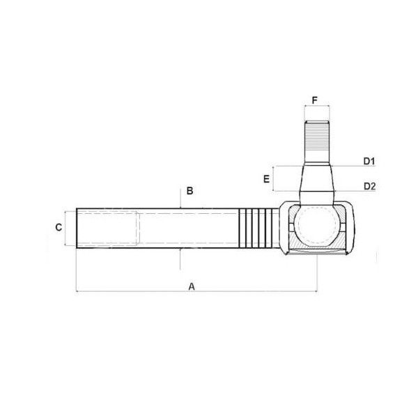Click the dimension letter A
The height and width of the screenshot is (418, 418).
(x=192, y=286)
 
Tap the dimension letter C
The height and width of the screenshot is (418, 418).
(x=59, y=227)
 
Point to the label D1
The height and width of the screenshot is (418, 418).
(x=369, y=162)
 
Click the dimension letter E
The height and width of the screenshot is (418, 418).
(x=266, y=179)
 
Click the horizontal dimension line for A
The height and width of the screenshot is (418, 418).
(x=139, y=292)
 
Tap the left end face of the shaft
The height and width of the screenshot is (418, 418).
(x=77, y=227)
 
